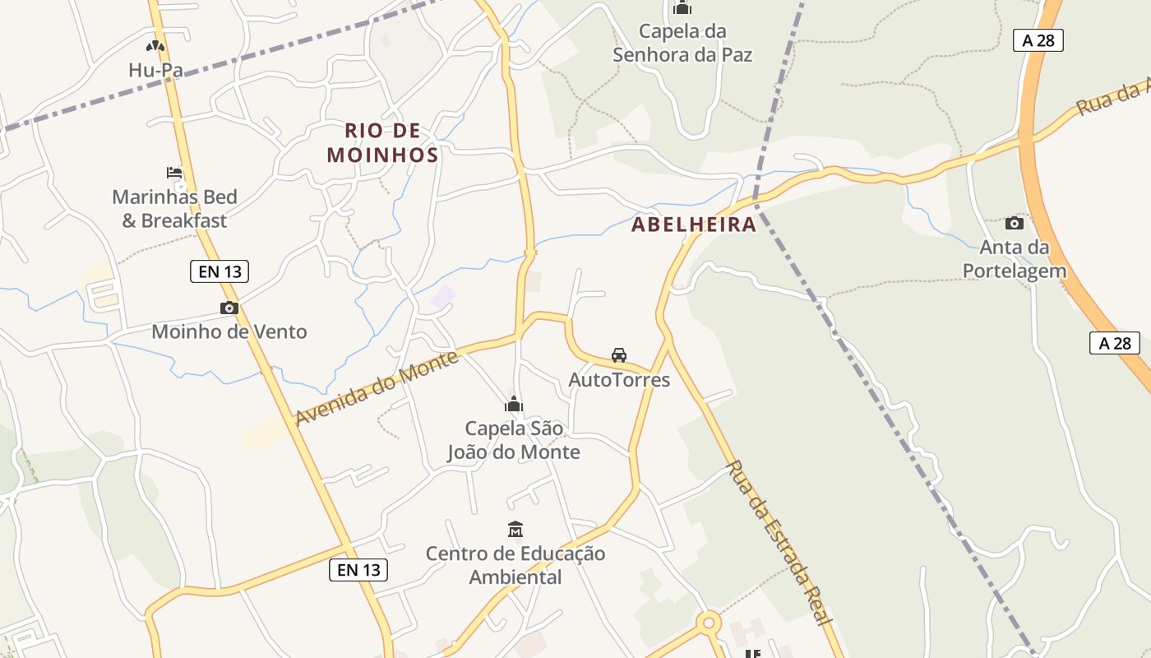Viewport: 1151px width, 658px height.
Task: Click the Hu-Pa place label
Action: pos(155,71)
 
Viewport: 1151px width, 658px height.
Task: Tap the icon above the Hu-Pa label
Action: pos(155,47)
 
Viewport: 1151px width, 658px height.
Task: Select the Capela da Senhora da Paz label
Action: pos(683,44)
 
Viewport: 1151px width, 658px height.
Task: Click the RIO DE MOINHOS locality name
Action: pos(382,142)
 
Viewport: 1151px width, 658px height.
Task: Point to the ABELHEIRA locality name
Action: pos(694,225)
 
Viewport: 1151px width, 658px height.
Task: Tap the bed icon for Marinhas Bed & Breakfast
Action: pos(174,173)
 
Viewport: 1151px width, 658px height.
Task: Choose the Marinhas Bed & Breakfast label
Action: pos(174,209)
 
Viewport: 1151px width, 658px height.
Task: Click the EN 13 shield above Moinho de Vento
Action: pos(220,271)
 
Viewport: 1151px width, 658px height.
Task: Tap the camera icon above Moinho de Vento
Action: pos(229,308)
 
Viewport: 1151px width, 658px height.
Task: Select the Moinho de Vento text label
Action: pos(229,332)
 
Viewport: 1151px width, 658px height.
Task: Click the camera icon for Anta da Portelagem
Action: pos(1015,223)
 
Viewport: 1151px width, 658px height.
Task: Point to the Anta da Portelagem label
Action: pos(1015,259)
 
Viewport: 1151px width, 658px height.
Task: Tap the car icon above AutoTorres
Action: pos(619,355)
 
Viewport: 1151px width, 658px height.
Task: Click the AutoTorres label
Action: pos(619,380)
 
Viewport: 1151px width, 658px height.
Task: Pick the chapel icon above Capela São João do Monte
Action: pos(514,404)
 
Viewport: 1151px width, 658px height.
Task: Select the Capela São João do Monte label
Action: pos(514,440)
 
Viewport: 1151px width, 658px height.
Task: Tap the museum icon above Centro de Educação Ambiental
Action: pos(515,529)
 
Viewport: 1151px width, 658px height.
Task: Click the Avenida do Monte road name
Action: pos(377,388)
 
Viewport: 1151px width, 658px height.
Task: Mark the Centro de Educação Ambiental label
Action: pos(515,565)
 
